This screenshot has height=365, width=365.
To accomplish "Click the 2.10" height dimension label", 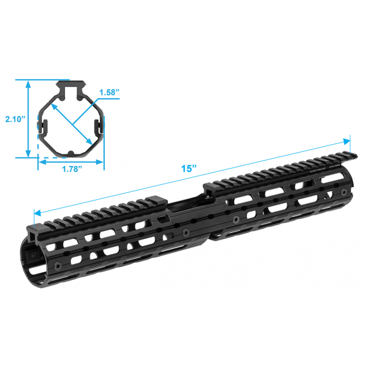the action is (15, 119).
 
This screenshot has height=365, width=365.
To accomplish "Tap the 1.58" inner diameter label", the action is (110, 92).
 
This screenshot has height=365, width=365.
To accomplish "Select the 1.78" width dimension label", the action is (72, 169).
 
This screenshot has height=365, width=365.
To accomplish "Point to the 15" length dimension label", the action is (189, 169).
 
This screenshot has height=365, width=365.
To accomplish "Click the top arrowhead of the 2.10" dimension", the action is (28, 84).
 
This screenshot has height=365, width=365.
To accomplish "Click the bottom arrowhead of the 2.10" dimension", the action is (28, 154).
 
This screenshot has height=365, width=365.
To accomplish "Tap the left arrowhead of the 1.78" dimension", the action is (42, 162).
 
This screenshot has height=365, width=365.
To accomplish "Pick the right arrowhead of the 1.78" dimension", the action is (100, 162).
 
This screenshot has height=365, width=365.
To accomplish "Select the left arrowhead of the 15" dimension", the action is (37, 212).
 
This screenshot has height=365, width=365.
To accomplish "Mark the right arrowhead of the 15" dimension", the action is (346, 141).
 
